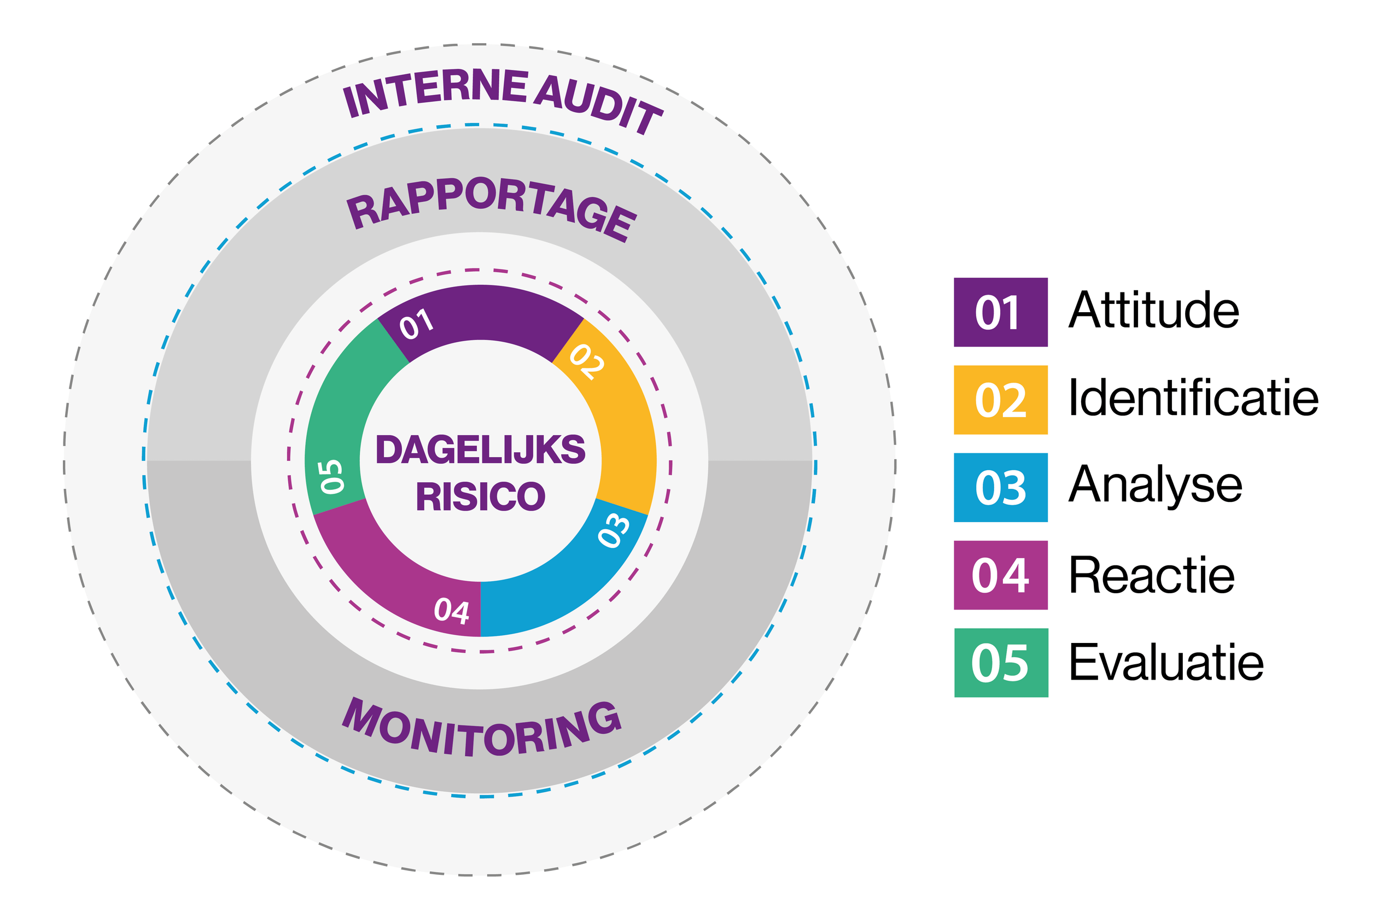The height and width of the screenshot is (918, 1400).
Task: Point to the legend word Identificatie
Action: (x=1193, y=398)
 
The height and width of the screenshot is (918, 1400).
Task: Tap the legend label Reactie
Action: (x=1151, y=575)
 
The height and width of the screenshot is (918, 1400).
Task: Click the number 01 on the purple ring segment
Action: (x=417, y=324)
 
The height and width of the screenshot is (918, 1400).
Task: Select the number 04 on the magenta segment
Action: (x=451, y=610)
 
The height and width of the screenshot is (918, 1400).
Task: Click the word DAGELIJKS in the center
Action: (x=480, y=450)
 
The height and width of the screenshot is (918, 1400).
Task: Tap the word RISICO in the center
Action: (x=480, y=496)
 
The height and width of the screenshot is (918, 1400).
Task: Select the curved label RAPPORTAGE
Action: (x=491, y=207)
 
